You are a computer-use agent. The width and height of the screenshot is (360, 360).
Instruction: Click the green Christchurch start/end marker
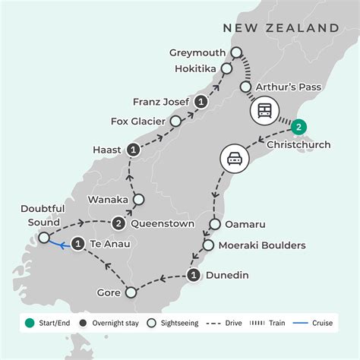[300, 127]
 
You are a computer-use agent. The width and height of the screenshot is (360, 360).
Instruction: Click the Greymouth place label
[197, 52]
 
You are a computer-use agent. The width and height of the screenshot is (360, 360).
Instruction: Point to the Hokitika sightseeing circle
[226, 68]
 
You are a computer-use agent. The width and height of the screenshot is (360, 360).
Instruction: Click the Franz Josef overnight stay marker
[201, 101]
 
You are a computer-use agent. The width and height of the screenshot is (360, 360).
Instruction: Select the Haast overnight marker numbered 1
[134, 150]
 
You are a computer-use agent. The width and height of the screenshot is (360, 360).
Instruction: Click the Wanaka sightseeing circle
[139, 201]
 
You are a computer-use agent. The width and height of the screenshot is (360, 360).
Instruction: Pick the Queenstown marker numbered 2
[119, 224]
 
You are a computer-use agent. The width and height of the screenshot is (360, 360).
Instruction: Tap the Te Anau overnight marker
[78, 244]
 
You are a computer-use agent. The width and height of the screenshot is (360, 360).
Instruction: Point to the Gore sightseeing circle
[131, 292]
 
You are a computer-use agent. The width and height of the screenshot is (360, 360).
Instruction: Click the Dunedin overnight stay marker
[194, 276]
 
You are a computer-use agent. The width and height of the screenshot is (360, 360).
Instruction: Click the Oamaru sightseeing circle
[213, 225]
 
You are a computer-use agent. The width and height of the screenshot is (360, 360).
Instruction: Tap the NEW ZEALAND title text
[280, 28]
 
